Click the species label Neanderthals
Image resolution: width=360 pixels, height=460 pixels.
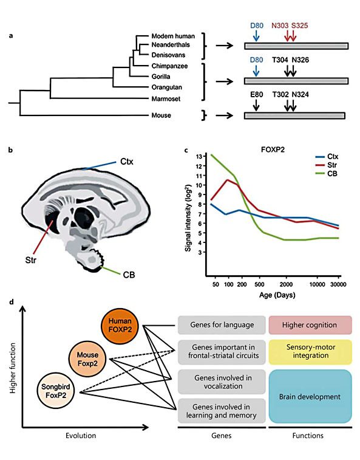coord(171,45)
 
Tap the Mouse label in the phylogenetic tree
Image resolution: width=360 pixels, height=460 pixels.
coord(161,115)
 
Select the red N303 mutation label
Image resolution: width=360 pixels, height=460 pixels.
coord(280,26)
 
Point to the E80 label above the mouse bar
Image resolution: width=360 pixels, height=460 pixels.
coord(256,94)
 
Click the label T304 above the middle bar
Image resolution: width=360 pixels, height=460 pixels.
coord(280,60)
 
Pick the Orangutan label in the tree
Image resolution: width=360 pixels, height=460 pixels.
coord(166,88)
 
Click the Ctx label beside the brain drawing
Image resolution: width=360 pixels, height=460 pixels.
coord(127,162)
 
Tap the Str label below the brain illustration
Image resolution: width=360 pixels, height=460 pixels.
coord(31,260)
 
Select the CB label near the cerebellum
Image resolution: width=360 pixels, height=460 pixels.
coord(129,275)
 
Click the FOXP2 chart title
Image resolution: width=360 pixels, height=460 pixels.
coord(273,150)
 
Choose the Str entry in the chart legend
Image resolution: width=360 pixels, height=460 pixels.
coord(332,165)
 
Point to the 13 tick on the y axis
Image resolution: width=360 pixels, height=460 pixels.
coord(199,156)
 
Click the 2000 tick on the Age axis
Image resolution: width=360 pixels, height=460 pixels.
coord(286,284)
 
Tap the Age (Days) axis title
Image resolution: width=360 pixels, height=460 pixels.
coord(277,295)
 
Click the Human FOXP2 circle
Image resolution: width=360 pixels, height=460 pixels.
coord(120,326)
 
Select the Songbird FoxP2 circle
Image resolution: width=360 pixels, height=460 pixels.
coord(56,391)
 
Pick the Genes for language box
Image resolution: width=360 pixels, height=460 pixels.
coord(222,325)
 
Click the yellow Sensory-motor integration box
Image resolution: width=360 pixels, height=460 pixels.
coord(310,352)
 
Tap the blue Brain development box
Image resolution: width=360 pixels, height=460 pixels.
coord(310,397)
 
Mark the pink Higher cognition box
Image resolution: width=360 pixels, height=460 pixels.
coord(310,325)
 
